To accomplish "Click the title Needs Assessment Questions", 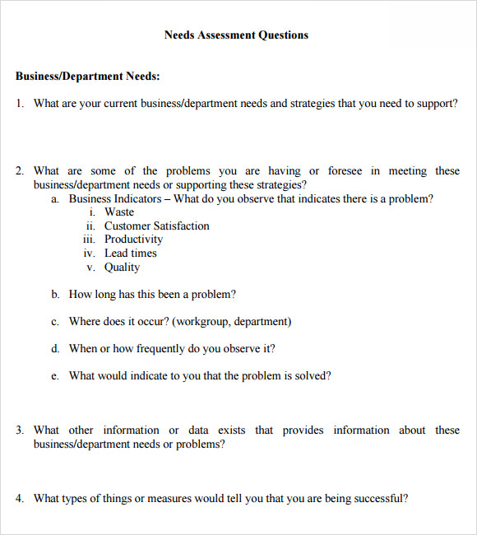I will [x=236, y=35].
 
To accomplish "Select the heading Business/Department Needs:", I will [x=87, y=77].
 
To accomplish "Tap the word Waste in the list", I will [x=119, y=212].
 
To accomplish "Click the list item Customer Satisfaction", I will [x=156, y=226].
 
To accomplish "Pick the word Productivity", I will [x=133, y=240].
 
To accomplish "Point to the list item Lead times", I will [x=130, y=254].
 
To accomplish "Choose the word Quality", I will [x=122, y=267].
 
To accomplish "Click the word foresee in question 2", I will [x=345, y=171].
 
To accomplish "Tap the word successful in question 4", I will [x=379, y=498].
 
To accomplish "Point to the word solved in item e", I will [x=312, y=376].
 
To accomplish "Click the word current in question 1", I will [x=117, y=104].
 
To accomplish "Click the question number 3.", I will [x=19, y=430].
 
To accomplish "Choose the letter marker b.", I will [x=55, y=295].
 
